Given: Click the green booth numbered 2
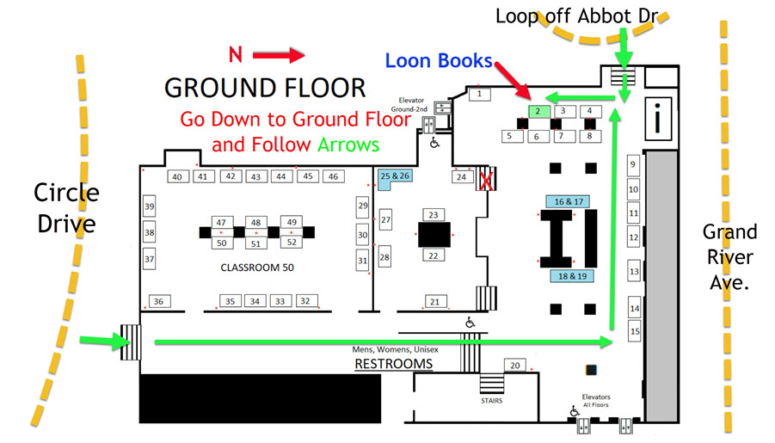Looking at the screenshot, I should pos(538,111).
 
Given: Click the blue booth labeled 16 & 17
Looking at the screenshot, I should pos(567,201).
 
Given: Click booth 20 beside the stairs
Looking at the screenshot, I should pos(515,366).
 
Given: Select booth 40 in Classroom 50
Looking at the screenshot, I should pos(178,177).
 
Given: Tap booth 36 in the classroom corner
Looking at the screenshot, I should pos(159,301).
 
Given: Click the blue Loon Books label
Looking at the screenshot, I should pos(439,61).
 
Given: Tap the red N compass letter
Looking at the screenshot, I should pos(234,55).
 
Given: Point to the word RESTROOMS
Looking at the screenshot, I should pos(393,365).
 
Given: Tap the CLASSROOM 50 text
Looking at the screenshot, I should pos(257,268).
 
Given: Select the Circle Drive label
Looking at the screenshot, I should pos(66,209).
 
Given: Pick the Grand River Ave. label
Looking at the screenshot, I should pos(729,257).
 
